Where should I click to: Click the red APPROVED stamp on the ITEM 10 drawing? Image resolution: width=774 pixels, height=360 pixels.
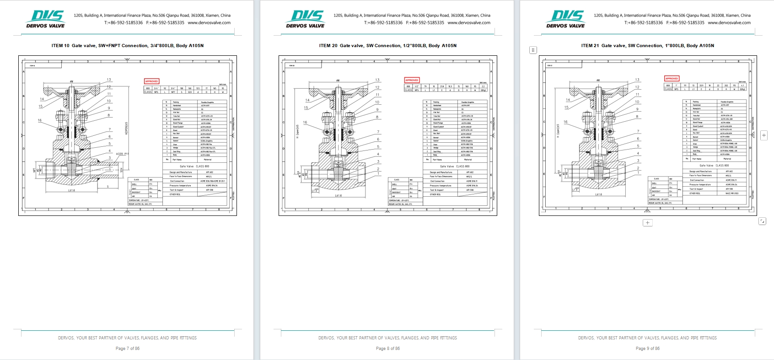pyautogui.click(x=151, y=81)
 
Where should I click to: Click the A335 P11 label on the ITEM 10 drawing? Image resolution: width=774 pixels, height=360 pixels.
pyautogui.click(x=122, y=154)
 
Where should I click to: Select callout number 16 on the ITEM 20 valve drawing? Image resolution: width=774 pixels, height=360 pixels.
pyautogui.click(x=305, y=123)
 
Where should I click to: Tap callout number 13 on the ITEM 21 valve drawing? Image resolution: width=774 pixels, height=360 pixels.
pyautogui.click(x=637, y=80)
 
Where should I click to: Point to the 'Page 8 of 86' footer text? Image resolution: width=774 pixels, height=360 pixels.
pyautogui.click(x=387, y=349)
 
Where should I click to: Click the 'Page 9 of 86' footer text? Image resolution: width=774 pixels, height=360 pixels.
pyautogui.click(x=647, y=349)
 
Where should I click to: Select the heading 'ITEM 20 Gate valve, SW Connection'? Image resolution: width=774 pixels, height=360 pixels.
pyautogui.click(x=387, y=46)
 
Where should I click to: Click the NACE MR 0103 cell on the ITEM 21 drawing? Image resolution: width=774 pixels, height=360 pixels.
pyautogui.click(x=731, y=193)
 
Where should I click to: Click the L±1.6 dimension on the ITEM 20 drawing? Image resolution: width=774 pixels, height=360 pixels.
pyautogui.click(x=338, y=196)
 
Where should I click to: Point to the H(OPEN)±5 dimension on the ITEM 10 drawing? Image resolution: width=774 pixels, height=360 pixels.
pyautogui.click(x=127, y=128)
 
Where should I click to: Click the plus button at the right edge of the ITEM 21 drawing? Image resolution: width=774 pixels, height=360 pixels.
pyautogui.click(x=764, y=135)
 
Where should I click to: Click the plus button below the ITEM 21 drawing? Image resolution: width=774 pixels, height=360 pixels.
pyautogui.click(x=647, y=223)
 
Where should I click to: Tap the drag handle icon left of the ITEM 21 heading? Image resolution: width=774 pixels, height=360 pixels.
pyautogui.click(x=533, y=50)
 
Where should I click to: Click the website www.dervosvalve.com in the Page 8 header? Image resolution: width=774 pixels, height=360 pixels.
pyautogui.click(x=469, y=22)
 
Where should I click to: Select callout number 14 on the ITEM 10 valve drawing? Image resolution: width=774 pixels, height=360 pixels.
pyautogui.click(x=42, y=99)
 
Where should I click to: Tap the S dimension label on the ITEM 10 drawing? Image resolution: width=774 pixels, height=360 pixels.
pyautogui.click(x=107, y=187)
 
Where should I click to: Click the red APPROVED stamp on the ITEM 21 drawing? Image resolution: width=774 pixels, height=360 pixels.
pyautogui.click(x=672, y=79)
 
